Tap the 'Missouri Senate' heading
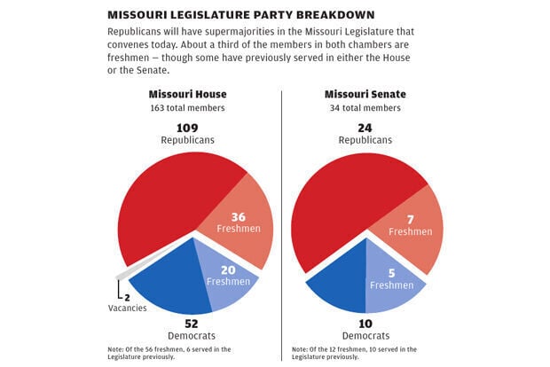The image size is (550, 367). [x=368, y=95]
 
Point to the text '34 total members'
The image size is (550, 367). [x=367, y=108]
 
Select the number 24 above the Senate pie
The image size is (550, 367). [x=367, y=127]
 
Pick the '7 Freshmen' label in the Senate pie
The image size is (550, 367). [x=410, y=225]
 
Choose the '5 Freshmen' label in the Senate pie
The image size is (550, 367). [x=392, y=279]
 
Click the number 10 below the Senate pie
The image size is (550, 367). [x=367, y=324]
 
